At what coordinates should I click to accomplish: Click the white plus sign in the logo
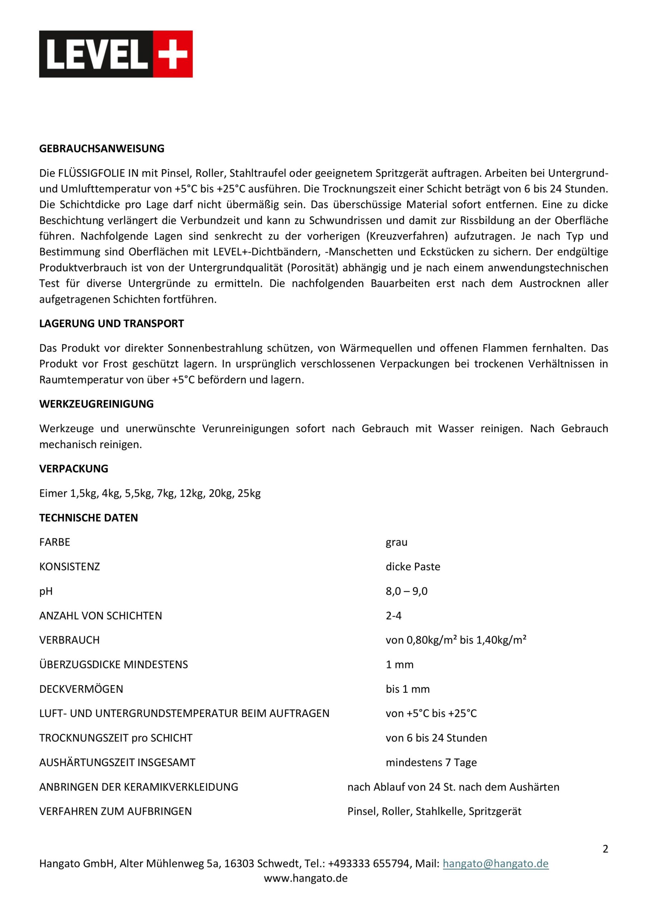172,54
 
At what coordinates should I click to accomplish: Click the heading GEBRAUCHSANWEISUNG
101,148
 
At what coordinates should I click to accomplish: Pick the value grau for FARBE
396,542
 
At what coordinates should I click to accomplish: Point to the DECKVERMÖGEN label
81,689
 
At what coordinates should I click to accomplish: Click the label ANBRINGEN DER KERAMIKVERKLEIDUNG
138,787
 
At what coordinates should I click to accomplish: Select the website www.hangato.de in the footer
306,878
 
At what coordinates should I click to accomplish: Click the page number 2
605,849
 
